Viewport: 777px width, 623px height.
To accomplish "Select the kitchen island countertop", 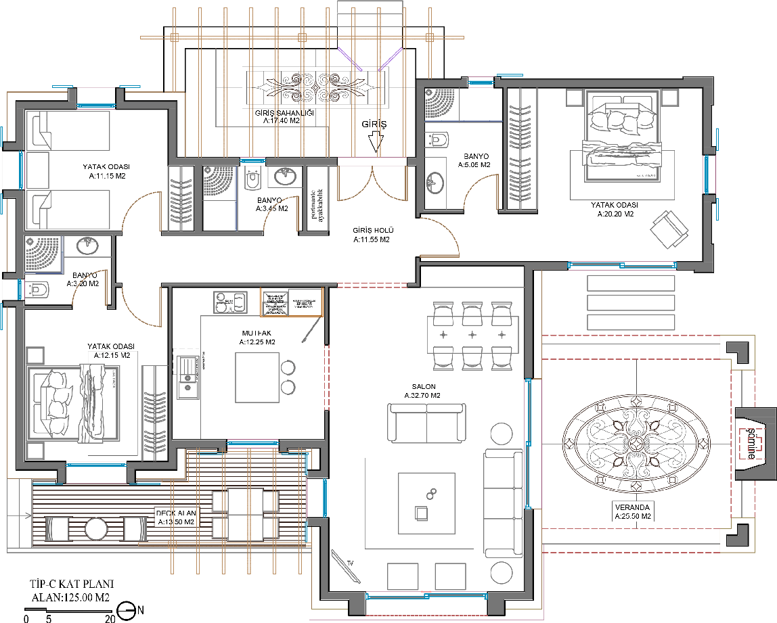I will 257,377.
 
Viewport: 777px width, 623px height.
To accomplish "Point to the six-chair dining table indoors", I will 472,335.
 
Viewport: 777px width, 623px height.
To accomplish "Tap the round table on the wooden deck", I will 96,528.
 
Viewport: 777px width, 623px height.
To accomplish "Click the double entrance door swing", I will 372,184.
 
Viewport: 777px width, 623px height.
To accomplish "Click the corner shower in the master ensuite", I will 439,102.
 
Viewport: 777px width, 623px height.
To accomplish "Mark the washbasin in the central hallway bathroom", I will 284,177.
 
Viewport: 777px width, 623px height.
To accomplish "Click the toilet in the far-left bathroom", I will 39,290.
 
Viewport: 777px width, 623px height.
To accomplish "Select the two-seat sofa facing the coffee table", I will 426,422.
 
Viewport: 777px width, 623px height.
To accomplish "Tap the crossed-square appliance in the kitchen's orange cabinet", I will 275,302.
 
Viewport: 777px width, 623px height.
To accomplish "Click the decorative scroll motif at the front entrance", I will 318,86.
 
